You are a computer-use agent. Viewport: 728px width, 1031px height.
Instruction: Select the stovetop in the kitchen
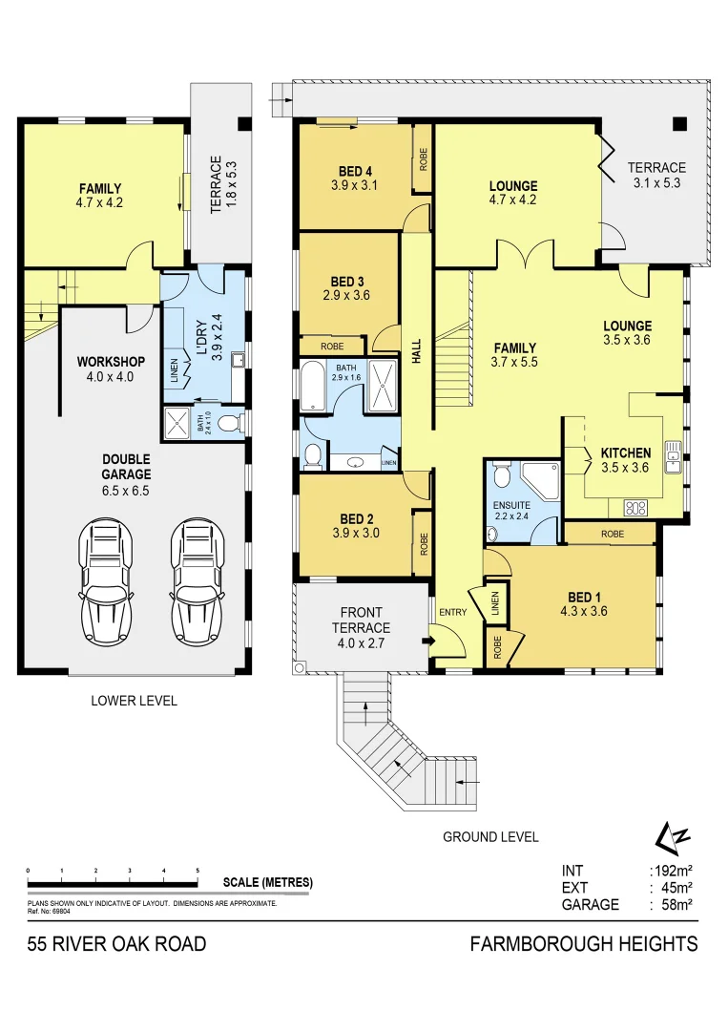[x=635, y=508]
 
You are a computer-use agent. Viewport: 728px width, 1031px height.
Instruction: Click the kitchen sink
[x=673, y=457]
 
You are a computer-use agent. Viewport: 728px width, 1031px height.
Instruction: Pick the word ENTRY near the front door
[x=451, y=612]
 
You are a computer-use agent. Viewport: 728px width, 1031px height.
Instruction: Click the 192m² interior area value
[x=671, y=871]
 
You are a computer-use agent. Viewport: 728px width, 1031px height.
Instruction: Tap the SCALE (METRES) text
[x=267, y=882]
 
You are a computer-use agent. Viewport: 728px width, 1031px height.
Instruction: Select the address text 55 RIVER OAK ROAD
[x=116, y=944]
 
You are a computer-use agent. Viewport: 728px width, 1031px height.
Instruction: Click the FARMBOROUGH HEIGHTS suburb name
[x=584, y=944]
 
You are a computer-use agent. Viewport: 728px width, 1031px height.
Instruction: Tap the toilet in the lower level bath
[x=227, y=423]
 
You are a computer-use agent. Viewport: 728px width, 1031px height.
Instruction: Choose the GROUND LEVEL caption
[x=490, y=837]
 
